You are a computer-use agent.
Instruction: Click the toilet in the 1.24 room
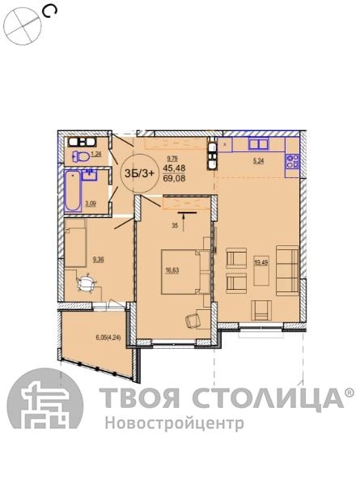point(81,156)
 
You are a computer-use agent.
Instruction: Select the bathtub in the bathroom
point(73,191)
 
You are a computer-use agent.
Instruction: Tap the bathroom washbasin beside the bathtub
point(90,175)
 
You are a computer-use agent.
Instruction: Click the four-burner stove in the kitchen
point(292,161)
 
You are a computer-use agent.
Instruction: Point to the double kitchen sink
point(259,144)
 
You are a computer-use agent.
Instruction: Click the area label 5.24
point(258,161)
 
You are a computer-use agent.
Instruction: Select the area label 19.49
point(260,262)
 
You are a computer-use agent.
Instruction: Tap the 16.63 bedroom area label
point(172,270)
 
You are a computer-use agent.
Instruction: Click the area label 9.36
point(98,260)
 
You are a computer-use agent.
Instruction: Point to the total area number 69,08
point(174,178)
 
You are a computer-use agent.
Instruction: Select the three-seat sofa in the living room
point(287,270)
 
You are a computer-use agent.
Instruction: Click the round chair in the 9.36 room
point(87,282)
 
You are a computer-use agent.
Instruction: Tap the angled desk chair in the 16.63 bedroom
point(193,320)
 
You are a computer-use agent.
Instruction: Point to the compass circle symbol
point(23,27)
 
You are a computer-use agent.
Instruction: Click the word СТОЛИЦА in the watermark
point(268,397)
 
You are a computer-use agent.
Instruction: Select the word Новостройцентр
point(175,423)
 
